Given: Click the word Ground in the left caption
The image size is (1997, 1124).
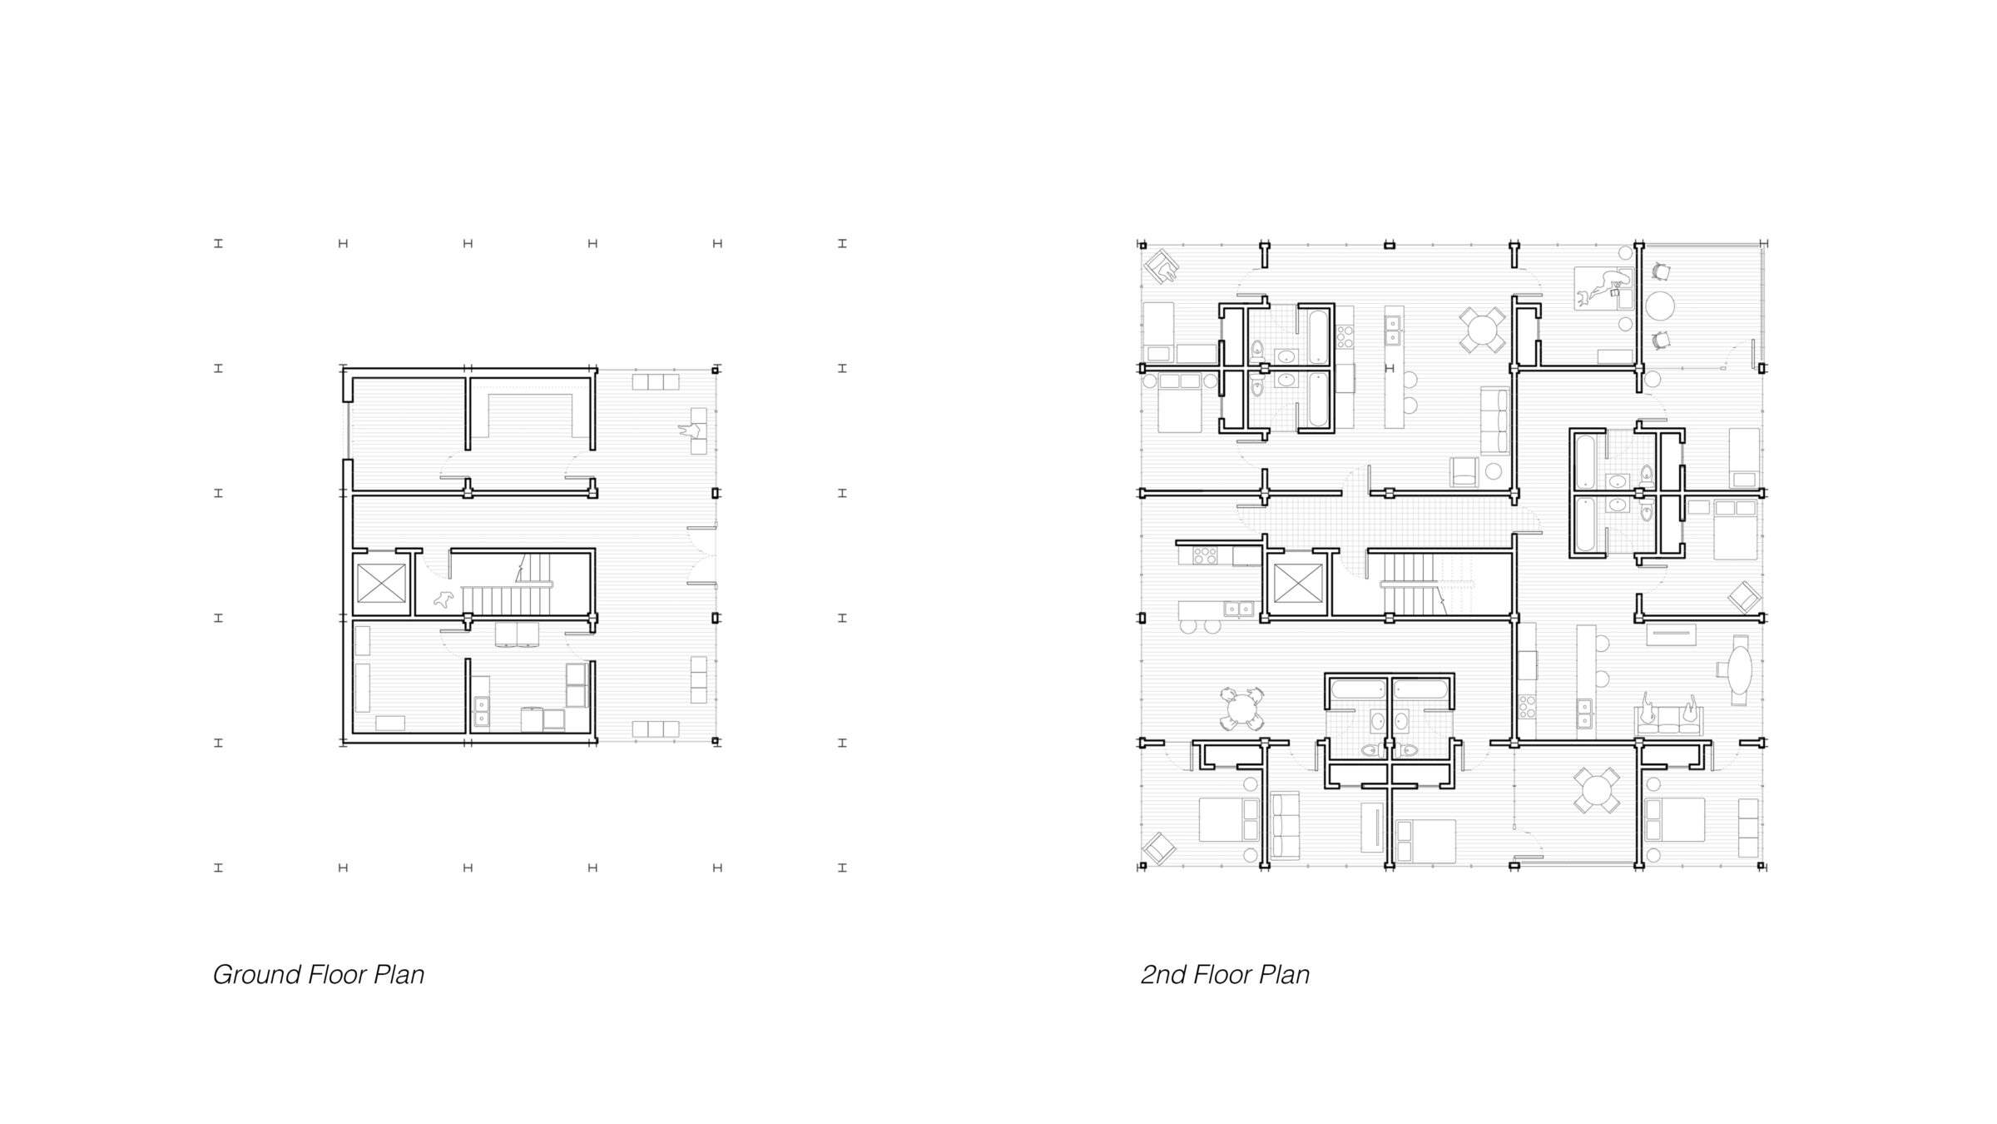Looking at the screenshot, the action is [x=256, y=975].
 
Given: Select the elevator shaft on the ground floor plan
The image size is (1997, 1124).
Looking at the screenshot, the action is [x=381, y=583].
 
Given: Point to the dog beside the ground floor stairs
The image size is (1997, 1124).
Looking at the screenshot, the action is [x=444, y=599].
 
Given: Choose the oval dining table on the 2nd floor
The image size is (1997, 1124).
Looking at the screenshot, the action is [x=1740, y=670].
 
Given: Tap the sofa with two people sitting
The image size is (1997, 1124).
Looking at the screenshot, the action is [x=1670, y=716].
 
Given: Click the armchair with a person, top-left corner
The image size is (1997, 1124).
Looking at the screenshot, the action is [x=1162, y=268].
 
